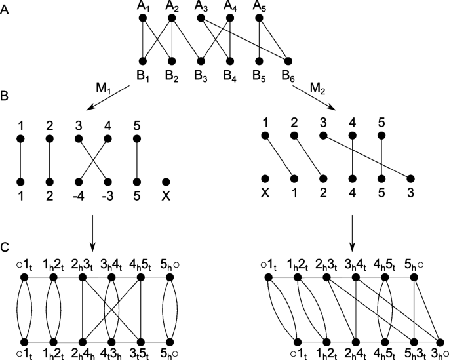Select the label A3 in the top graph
(202, 7)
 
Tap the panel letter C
(5, 249)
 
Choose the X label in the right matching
(266, 195)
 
